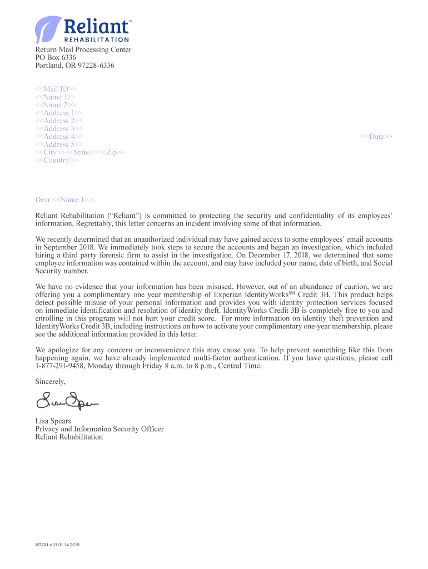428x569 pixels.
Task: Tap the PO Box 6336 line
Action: point(56,58)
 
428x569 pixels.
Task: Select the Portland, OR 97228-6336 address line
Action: point(75,66)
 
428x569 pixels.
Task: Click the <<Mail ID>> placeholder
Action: point(56,89)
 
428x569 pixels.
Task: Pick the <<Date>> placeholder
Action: point(377,137)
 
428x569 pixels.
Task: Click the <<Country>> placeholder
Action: point(57,161)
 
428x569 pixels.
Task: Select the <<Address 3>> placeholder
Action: point(59,129)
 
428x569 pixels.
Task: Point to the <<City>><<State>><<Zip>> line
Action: point(80,153)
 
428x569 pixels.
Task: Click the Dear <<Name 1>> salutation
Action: point(65,200)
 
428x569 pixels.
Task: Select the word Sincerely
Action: point(51,382)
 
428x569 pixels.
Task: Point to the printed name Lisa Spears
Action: point(53,422)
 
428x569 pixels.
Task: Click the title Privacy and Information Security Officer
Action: point(99,430)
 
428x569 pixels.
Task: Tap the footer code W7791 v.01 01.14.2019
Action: point(57,545)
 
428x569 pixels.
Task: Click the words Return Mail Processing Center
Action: point(83,50)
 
